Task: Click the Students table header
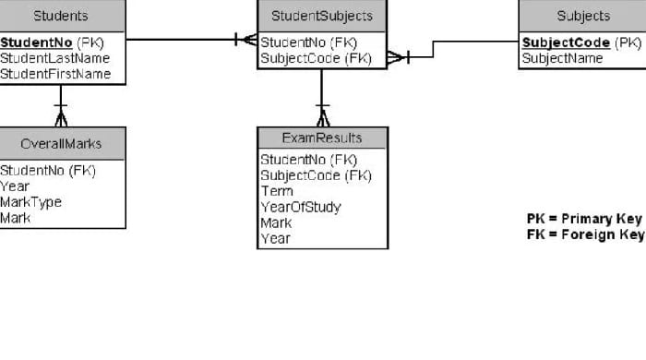click(61, 16)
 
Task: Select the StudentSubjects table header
click(322, 16)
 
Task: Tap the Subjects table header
click(583, 16)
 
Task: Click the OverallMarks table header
click(61, 143)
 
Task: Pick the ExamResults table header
click(322, 138)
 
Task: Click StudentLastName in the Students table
click(54, 58)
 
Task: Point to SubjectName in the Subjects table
click(562, 58)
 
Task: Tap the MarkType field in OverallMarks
click(31, 202)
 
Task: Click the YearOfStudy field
click(301, 207)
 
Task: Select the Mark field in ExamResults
click(277, 222)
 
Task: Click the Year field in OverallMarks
click(15, 186)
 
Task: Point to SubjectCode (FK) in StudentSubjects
click(316, 58)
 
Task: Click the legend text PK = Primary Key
click(584, 219)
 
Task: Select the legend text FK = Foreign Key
click(584, 234)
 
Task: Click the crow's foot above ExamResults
click(322, 117)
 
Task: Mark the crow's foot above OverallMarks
click(61, 117)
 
